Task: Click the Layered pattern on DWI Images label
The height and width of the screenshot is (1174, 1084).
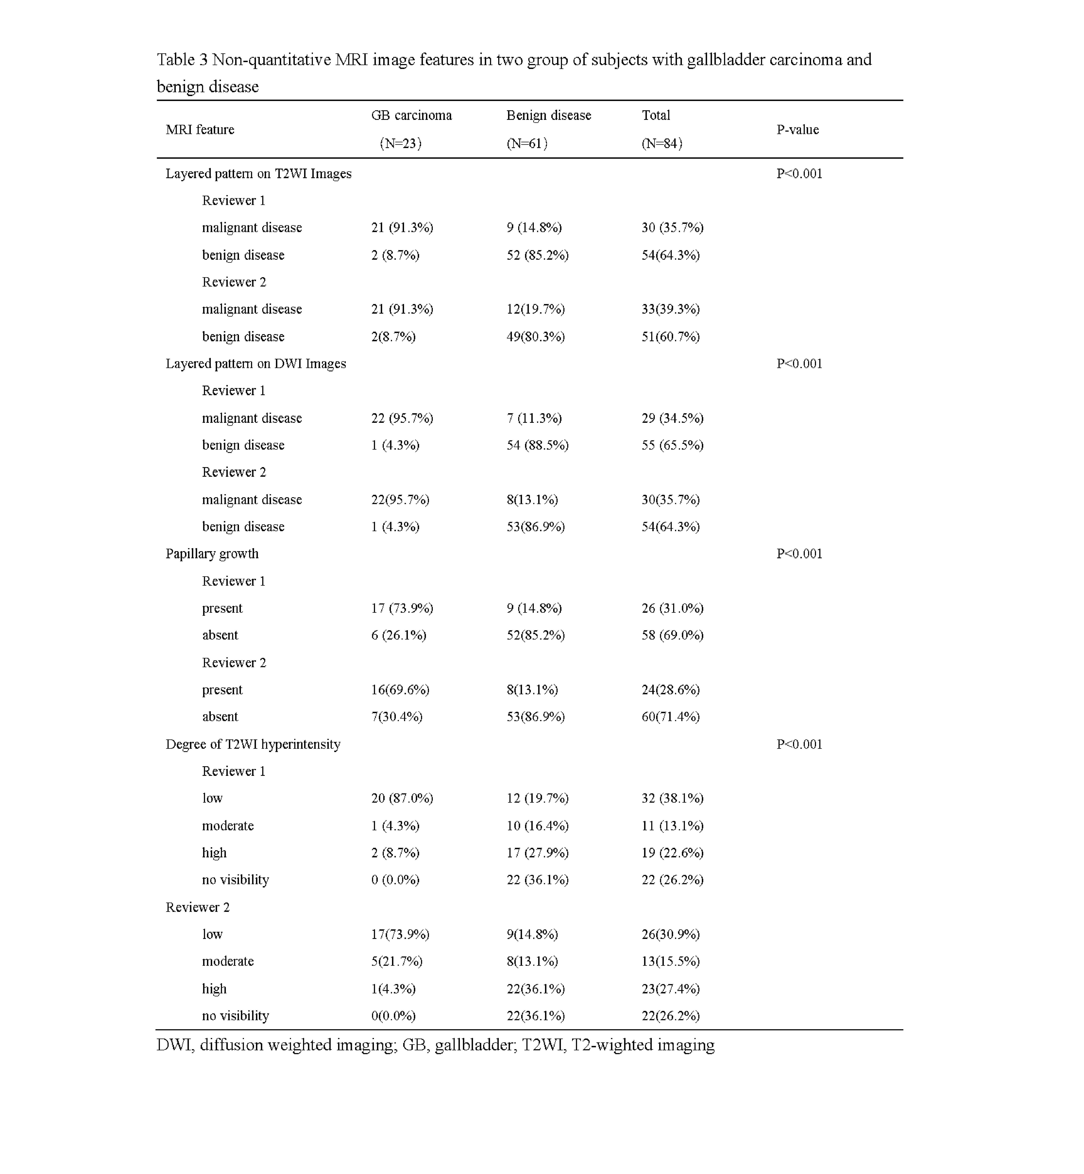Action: coord(256,364)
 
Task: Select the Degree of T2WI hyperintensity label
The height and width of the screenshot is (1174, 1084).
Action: coord(253,744)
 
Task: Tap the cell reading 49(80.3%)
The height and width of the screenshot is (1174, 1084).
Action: coord(536,337)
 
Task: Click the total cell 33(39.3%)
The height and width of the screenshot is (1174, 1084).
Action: coord(671,309)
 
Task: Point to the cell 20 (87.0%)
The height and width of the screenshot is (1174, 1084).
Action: coord(402,798)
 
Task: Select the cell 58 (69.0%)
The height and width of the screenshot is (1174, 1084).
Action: coord(672,635)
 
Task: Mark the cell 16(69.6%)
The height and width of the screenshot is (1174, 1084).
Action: coord(400,690)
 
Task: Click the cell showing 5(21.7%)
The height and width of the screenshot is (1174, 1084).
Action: coord(397,961)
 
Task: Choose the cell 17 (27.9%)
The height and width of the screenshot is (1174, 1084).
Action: coord(537,853)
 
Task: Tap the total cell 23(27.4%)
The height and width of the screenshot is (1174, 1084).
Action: coord(671,989)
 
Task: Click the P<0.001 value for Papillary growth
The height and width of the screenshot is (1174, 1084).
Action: coord(799,554)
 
